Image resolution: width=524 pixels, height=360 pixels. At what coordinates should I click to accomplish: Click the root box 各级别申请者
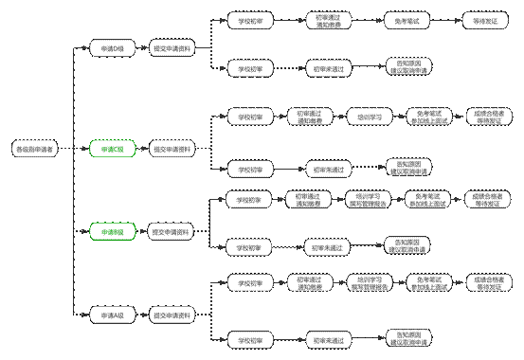click(35, 149)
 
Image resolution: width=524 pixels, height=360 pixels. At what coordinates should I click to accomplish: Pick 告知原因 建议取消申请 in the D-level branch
click(408, 66)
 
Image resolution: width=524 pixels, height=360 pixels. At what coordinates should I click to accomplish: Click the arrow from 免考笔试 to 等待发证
click(439, 19)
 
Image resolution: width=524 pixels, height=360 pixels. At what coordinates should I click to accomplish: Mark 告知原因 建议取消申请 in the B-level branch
click(408, 246)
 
